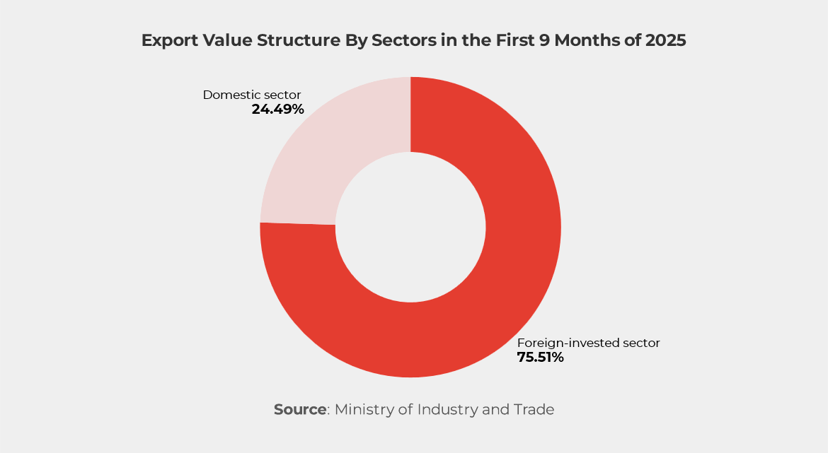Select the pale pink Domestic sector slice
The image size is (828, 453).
318,155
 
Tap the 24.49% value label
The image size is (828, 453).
277,110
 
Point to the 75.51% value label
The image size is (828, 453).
540,358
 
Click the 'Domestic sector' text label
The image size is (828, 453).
252,95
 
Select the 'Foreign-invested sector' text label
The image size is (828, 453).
588,343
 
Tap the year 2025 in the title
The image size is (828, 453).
665,41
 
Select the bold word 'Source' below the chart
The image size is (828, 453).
300,409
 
